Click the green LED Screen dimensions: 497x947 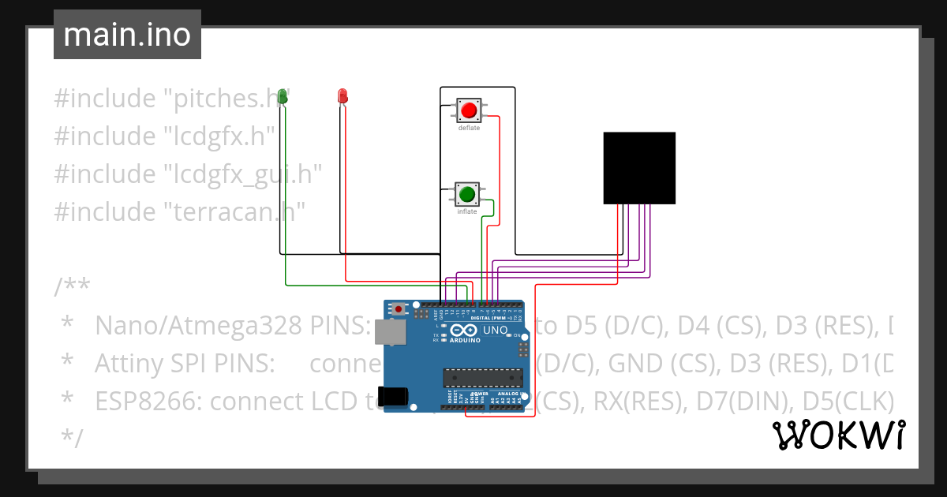click(x=283, y=97)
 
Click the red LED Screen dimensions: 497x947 click(x=342, y=96)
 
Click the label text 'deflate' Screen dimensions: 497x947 click(x=469, y=128)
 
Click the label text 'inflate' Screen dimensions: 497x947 click(x=467, y=211)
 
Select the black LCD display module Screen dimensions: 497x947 click(x=639, y=168)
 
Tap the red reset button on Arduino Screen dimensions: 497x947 click(x=400, y=308)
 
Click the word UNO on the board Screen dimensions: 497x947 click(x=495, y=330)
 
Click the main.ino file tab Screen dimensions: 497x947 click(x=127, y=35)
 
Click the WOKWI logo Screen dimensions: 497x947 click(x=837, y=435)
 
